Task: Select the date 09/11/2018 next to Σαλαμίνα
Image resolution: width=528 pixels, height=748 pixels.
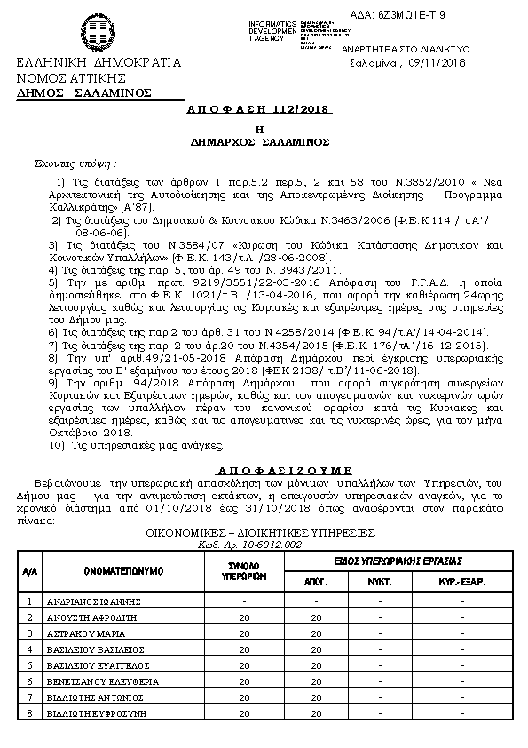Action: coord(434,63)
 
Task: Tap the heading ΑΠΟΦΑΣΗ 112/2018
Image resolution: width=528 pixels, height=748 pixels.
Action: coord(259,109)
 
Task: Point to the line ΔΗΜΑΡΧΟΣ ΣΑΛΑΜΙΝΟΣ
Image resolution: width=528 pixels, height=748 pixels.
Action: coord(259,140)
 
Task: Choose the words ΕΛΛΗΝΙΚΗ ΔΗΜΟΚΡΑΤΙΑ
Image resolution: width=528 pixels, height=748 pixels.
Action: coord(98,63)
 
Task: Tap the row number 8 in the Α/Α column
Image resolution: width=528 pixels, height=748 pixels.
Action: coord(29,713)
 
